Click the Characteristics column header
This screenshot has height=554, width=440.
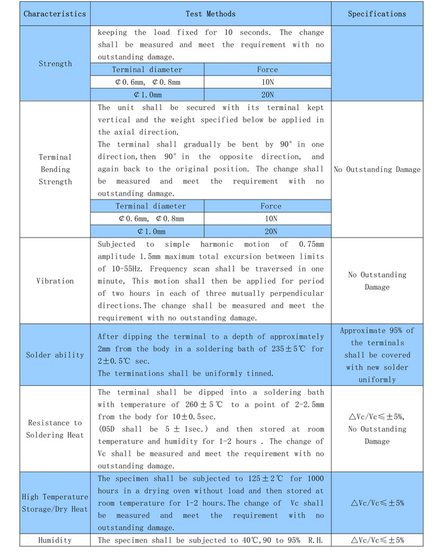[x=55, y=14]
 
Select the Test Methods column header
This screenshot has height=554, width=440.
[x=210, y=14]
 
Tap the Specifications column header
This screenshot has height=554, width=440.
[x=377, y=14]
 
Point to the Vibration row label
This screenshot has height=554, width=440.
[x=55, y=281]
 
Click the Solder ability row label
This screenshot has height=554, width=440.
[x=55, y=355]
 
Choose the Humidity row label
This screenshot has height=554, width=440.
[x=55, y=540]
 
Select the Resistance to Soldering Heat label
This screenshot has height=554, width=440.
[x=55, y=429]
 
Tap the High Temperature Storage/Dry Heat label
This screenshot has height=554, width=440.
[x=55, y=503]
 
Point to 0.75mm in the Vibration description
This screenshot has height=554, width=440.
[x=311, y=245]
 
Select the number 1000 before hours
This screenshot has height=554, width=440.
[x=314, y=479]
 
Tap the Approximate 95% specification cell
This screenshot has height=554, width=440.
[x=377, y=330]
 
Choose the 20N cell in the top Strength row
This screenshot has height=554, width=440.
[x=267, y=94]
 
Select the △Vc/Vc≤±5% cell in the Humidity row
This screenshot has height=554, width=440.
[x=377, y=540]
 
